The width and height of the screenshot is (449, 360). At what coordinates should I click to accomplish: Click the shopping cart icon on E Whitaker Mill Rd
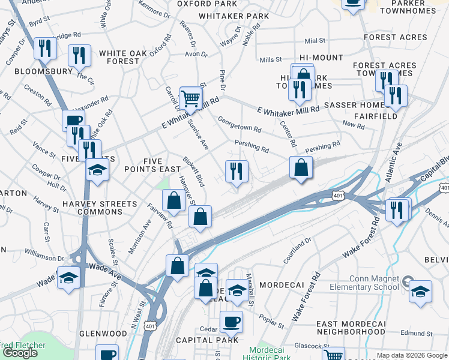[190, 98]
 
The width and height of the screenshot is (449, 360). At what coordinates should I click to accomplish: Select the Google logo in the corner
[20, 353]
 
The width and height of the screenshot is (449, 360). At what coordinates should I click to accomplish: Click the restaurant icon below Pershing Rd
[237, 172]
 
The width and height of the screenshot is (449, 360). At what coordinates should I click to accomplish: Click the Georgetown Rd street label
[240, 124]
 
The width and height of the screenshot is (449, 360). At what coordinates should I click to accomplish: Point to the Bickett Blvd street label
[194, 171]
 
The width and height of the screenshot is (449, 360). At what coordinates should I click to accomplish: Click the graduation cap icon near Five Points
[97, 170]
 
